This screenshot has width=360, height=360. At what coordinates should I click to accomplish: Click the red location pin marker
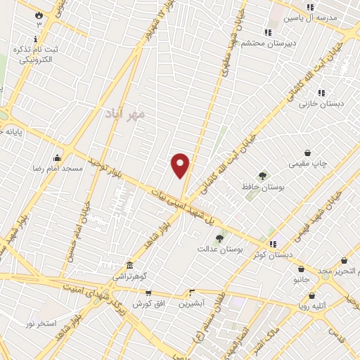click(x=181, y=165)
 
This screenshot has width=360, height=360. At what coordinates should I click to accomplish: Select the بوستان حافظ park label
click(x=262, y=187)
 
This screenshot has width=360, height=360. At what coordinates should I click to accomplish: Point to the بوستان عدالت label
click(x=219, y=249)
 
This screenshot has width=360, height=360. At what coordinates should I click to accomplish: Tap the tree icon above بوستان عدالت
click(x=219, y=239)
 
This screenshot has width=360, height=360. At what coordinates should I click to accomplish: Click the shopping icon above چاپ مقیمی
click(x=307, y=153)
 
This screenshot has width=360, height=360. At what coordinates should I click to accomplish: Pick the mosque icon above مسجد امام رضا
click(x=56, y=158)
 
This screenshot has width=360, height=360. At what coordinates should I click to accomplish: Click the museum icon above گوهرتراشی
click(x=130, y=266)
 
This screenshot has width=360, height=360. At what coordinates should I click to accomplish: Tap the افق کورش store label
click(x=148, y=304)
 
